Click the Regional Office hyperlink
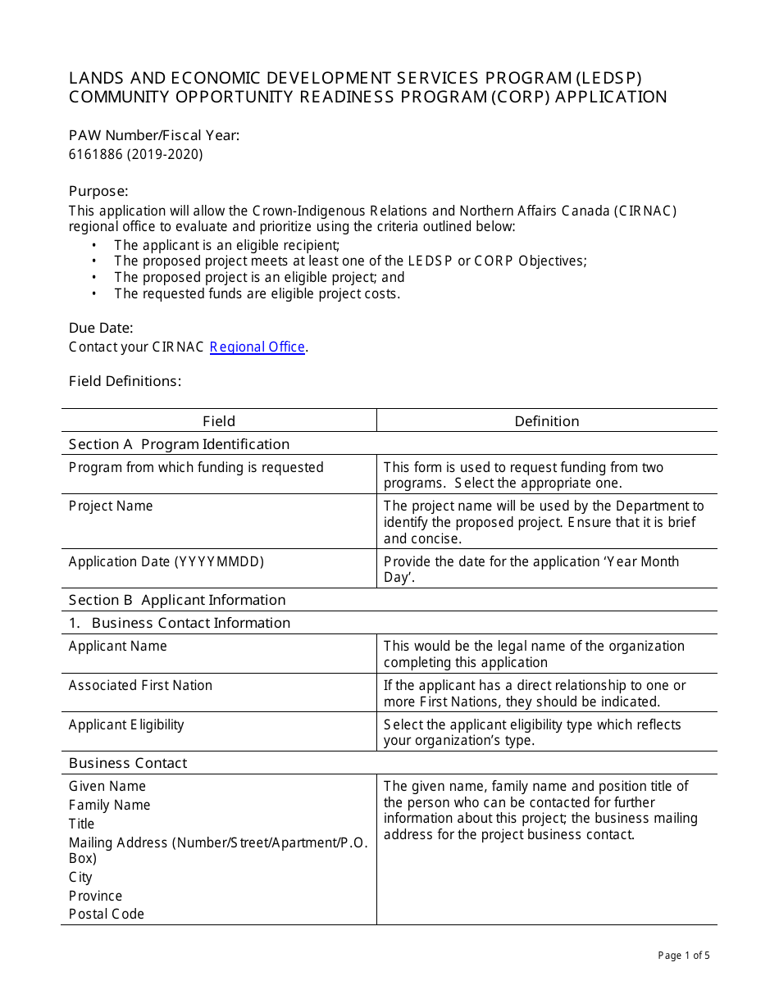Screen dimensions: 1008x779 point(257,347)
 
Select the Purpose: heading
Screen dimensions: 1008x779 point(98,191)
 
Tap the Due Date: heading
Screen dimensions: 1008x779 point(101,328)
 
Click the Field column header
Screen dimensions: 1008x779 point(219,421)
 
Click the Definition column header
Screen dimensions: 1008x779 point(547,421)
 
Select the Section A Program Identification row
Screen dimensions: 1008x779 point(179,444)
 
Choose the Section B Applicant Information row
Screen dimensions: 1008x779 point(177,600)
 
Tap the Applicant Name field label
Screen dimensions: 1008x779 point(117,646)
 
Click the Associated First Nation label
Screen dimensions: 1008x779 point(140,685)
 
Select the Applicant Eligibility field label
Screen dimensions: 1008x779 point(126,724)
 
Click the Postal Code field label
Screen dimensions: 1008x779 point(107,914)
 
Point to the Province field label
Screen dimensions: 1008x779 point(95,896)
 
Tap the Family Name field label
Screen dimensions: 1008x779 point(110,805)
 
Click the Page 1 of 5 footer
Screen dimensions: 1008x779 point(684,955)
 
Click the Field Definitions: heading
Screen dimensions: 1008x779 point(125,381)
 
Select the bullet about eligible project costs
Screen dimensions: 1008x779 point(257,293)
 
